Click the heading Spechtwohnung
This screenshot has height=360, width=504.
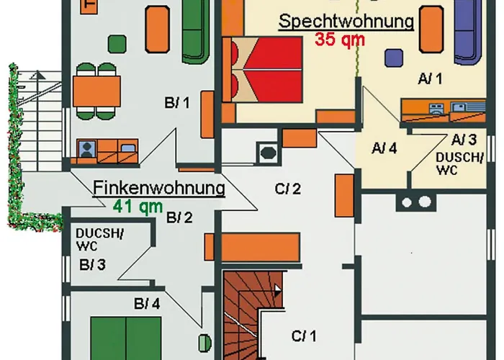click(x=346, y=21)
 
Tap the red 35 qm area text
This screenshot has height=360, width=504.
click(x=340, y=40)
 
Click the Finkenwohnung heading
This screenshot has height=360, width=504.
click(x=159, y=189)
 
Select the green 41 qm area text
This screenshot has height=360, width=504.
click(x=138, y=207)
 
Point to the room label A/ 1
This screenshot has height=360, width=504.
click(x=429, y=78)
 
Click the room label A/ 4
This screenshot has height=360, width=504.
click(x=384, y=148)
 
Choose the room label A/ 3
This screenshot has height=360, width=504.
click(x=464, y=139)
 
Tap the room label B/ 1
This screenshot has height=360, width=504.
click(x=176, y=103)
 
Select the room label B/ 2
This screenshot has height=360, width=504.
click(x=179, y=217)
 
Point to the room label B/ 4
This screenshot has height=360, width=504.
click(x=147, y=304)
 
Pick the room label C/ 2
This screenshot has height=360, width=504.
click(x=287, y=189)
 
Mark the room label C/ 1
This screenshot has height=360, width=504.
click(x=304, y=335)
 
